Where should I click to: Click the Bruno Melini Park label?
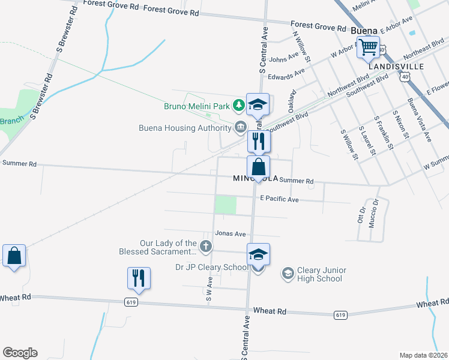pos(198,107)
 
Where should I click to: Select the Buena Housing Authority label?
pos(185,127)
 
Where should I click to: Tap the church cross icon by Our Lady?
pos(205,246)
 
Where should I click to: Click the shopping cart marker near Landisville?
pos(368,47)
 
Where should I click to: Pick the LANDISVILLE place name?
pos(396,67)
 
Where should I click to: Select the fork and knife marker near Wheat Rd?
pos(138,278)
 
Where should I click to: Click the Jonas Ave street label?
pos(231,233)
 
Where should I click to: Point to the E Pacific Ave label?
pos(279,199)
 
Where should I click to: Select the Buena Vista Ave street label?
pos(419,119)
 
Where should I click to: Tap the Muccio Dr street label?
pos(376,211)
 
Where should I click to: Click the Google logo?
pos(20,353)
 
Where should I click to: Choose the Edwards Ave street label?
pos(287,75)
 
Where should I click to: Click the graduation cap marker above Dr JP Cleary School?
pos(258,254)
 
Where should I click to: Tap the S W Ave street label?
pos(209,287)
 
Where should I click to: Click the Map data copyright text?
pos(423,355)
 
